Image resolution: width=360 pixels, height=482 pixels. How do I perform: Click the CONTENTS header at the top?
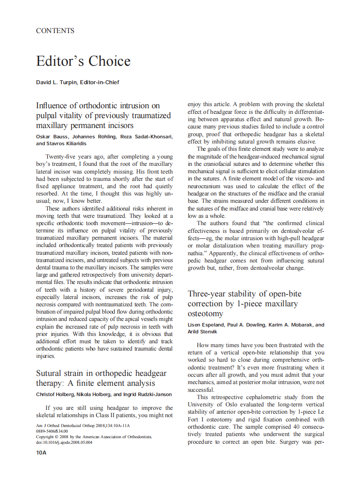pyautogui.click(x=55, y=31)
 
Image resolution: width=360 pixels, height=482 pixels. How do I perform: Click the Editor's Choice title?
pyautogui.click(x=83, y=61)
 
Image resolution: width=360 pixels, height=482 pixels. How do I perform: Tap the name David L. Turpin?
pyautogui.click(x=56, y=82)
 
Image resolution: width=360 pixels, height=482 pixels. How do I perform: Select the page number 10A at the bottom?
pyautogui.click(x=41, y=452)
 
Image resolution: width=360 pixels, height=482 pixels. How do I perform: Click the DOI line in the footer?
pyautogui.click(x=64, y=442)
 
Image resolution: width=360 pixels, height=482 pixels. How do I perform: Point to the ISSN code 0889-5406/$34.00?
pyautogui.click(x=52, y=431)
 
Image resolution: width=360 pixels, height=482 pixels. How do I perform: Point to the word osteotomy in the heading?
pyautogui.click(x=206, y=314)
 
